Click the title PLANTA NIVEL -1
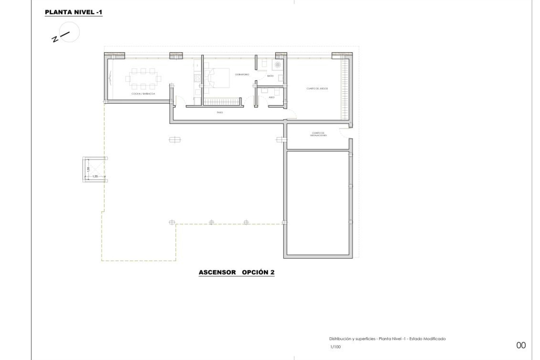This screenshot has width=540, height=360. (x=73, y=12)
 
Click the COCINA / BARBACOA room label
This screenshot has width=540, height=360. (x=143, y=94)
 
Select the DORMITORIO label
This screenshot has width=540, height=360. (x=242, y=75)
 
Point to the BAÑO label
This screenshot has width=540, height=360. (x=270, y=76)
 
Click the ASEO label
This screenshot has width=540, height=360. (x=271, y=97)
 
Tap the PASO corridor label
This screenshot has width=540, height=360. (x=220, y=112)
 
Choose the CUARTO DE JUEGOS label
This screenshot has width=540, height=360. (x=317, y=89)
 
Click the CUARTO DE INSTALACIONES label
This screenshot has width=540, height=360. (x=318, y=134)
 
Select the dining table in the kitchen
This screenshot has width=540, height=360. (x=144, y=78)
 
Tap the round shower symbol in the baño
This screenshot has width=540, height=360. (x=278, y=65)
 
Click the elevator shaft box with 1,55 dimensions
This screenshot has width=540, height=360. (x=95, y=169)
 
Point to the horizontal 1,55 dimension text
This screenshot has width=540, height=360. (x=95, y=176)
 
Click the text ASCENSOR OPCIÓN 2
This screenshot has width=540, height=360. (x=236, y=272)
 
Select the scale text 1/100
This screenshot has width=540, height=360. (x=335, y=347)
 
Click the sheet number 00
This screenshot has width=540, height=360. (x=521, y=345)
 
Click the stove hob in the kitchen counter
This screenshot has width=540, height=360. (x=197, y=77)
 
